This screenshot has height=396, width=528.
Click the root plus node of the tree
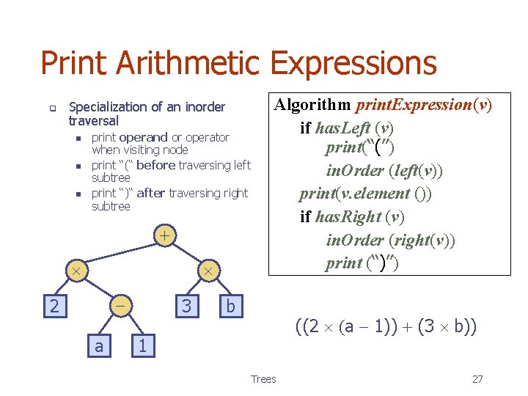coord(166,236)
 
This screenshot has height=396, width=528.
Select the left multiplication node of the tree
coord(76,271)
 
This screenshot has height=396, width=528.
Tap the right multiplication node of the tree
coord(208,271)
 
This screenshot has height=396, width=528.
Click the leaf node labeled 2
coord(54,305)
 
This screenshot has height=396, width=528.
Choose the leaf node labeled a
coord(99,345)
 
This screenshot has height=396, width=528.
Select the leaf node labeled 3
coord(186,305)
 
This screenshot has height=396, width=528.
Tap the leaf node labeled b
coord(230,305)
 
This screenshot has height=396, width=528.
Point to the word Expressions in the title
coord(354,64)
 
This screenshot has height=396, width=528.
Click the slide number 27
coord(477,379)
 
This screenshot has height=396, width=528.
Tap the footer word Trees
coord(263,379)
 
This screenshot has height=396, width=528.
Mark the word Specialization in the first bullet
coord(106,107)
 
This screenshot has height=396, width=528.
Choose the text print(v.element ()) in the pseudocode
coord(365,194)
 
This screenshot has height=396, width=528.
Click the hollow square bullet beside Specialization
coord(53,108)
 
